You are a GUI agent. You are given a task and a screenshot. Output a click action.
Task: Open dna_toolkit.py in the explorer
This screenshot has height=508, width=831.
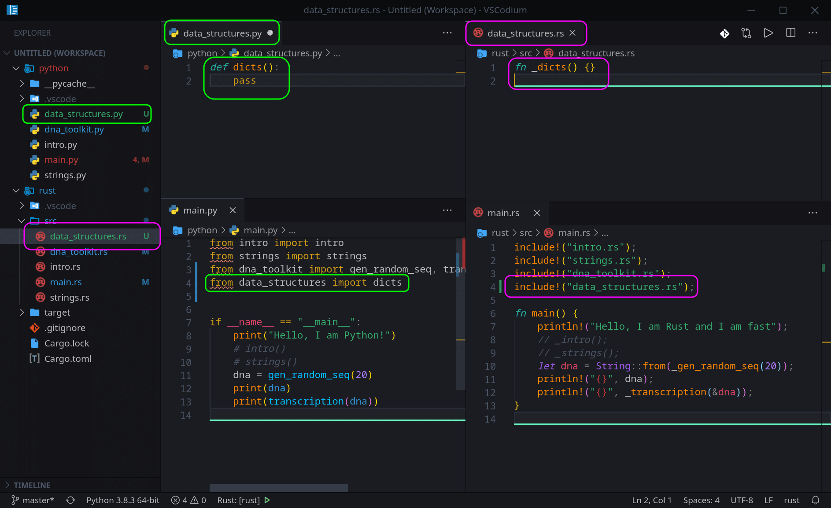pos(74,129)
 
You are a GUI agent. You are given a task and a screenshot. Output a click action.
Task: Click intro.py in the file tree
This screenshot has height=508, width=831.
pos(61,145)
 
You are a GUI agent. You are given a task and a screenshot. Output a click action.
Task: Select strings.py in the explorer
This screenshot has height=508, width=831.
pos(65,175)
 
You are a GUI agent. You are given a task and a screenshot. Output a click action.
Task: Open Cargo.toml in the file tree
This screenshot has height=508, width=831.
pos(68,359)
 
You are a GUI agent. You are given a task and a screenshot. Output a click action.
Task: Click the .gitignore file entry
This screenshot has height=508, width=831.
pos(65,328)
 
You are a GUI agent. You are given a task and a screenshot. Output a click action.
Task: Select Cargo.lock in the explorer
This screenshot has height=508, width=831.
pos(66,343)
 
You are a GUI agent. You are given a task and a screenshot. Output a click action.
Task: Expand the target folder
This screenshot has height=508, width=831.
pos(57,313)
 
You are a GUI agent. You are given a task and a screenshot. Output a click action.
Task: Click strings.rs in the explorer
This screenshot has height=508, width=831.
pos(70,298)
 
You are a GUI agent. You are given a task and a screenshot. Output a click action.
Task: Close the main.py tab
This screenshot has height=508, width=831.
pos(233,210)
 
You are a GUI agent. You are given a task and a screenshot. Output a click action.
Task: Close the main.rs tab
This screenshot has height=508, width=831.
pos(537,213)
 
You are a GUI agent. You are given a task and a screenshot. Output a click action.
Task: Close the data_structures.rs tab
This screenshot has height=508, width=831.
pos(572,33)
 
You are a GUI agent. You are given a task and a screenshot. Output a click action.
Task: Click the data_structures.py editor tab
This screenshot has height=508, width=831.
pos(222,33)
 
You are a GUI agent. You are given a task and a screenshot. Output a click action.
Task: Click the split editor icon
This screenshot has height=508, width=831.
pos(790,33)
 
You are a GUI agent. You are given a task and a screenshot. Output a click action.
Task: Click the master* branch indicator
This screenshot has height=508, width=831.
pos(33,500)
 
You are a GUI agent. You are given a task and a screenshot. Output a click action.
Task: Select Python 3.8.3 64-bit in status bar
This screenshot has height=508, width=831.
pos(123,500)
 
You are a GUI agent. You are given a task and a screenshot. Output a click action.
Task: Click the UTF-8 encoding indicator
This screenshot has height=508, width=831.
pos(742,500)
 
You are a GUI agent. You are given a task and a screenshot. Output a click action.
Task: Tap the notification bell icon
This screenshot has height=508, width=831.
pos(816,500)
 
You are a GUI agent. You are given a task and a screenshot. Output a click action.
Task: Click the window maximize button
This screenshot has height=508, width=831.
pos(783,10)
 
